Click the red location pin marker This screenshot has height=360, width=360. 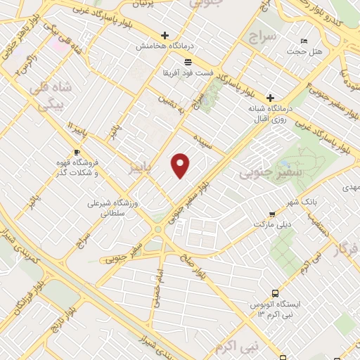pos(181,165)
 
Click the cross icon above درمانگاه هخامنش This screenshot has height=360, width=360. pos(165,34)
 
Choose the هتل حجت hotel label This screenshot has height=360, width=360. pos(302,51)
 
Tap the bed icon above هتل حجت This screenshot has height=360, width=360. pos(303,40)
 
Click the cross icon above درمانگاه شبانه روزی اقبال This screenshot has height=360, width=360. pos(269,97)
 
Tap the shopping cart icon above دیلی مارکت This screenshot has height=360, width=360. pos(272,214)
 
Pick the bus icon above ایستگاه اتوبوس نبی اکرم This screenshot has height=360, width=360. pos(273,292)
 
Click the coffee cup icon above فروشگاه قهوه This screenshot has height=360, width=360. pos(77,152)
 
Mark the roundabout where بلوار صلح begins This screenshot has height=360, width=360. pos(160,230)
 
